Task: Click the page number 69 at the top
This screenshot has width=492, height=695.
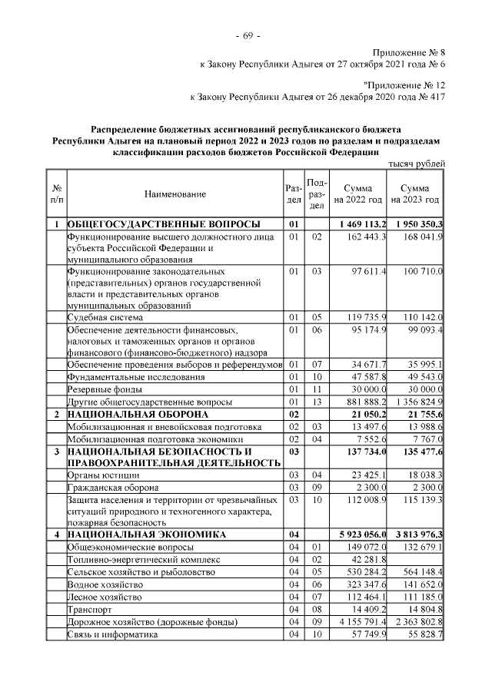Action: (x=247, y=37)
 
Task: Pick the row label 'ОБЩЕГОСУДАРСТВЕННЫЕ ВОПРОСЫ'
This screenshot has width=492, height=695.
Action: (x=163, y=223)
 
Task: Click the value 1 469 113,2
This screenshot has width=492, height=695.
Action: (x=358, y=223)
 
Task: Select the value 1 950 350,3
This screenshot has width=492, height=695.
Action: (x=415, y=223)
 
